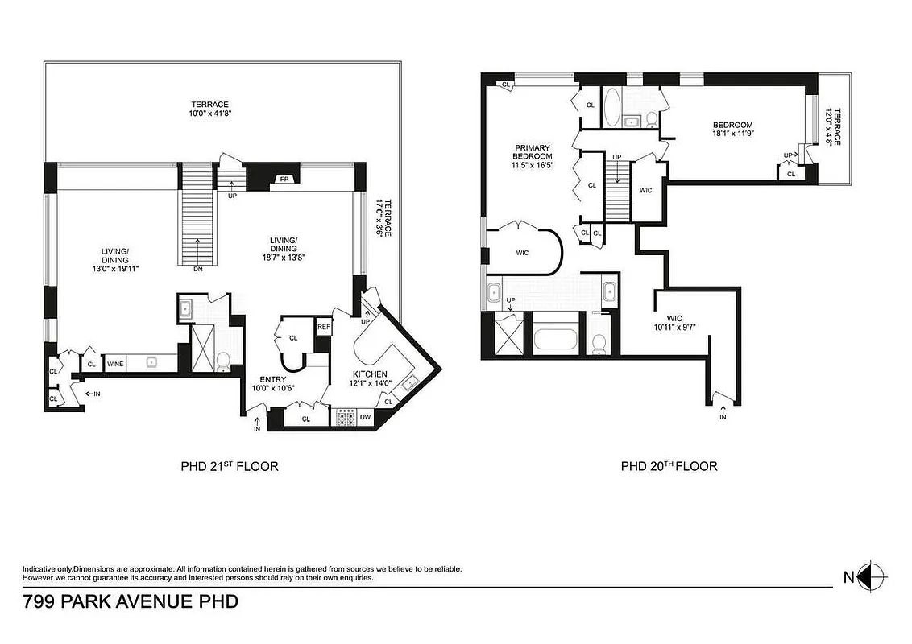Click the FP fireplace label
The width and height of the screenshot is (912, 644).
284,179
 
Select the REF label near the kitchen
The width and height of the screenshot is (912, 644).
323,327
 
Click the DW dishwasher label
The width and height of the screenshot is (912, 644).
365,417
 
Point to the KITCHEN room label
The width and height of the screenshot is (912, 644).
370,374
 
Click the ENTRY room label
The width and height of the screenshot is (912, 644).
273,380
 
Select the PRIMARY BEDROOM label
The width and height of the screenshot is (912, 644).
533,152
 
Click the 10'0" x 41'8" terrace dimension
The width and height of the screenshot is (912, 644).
209,114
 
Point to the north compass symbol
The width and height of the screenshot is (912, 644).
871,576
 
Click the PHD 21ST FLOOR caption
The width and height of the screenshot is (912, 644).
230,466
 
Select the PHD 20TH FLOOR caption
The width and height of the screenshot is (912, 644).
669,466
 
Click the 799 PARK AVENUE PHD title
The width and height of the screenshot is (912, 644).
131,601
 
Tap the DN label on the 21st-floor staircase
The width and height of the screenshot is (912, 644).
198,270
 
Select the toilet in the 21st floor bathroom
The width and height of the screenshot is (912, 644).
223,360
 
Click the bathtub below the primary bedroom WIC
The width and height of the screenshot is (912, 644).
555,337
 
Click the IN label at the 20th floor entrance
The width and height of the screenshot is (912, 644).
723,417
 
